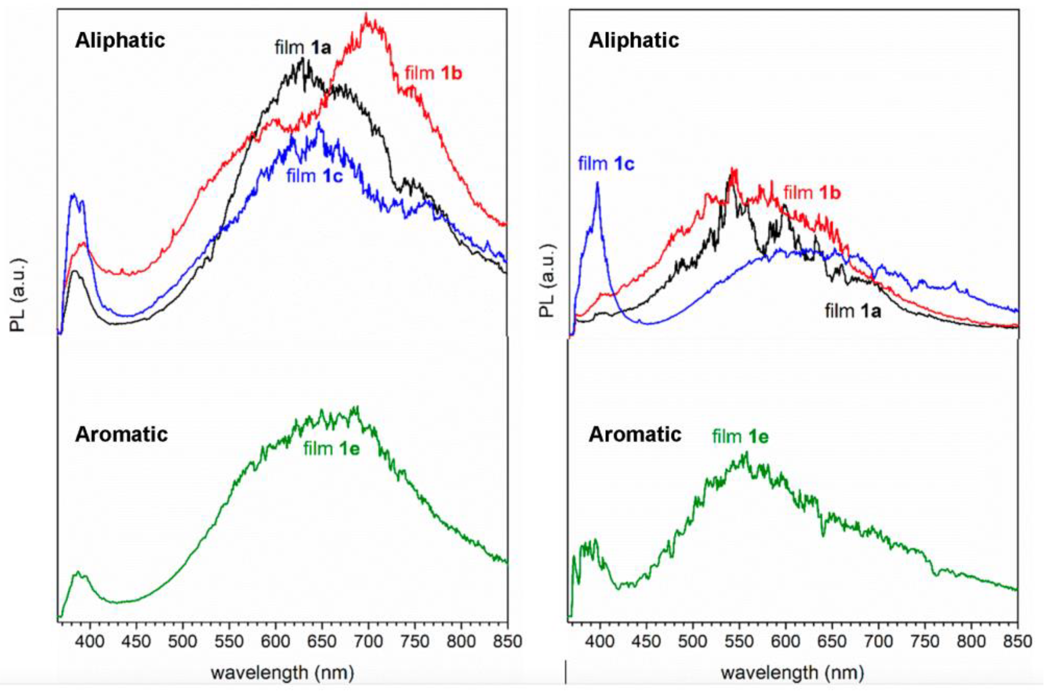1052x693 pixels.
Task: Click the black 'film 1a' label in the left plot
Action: click(303, 47)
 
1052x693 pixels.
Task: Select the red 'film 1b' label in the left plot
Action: click(433, 73)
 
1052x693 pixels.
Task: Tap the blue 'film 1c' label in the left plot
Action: click(314, 176)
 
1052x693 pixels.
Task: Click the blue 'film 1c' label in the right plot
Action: click(606, 164)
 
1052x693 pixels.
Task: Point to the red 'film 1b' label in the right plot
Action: click(812, 193)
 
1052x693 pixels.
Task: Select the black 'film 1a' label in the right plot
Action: click(853, 311)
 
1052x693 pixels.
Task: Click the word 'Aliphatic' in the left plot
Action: click(120, 41)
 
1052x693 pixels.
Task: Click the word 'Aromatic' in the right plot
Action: click(635, 435)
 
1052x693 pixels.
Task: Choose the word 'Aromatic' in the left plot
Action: click(121, 435)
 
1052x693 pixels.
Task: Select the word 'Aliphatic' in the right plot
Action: click(633, 41)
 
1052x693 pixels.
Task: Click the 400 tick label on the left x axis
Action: click(90, 641)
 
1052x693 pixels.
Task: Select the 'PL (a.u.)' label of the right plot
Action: click(547, 281)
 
